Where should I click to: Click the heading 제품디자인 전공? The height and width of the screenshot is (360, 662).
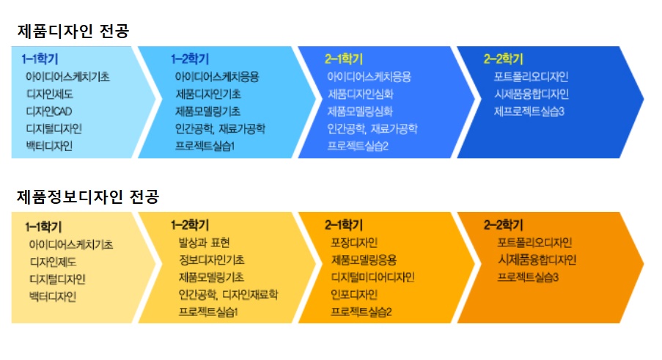pos(73,32)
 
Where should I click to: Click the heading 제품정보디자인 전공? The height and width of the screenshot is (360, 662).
pos(88,196)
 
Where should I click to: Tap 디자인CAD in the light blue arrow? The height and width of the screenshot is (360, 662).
pos(49,111)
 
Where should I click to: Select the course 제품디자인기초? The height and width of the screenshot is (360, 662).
pos(208,94)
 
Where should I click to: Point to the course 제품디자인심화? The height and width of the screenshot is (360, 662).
pos(361,94)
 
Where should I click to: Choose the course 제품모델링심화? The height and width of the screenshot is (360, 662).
pos(360,111)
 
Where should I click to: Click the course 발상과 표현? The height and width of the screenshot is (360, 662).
pos(204,243)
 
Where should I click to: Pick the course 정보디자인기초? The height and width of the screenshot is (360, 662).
pos(212,260)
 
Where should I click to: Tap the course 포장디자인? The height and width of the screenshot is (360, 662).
pos(354,243)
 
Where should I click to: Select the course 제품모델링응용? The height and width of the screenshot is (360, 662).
pos(364,260)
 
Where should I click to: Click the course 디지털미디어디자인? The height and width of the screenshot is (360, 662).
pos(373,277)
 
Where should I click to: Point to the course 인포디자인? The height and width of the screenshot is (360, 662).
pos(354,295)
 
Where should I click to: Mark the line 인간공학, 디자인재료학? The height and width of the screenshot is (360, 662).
pos(228,295)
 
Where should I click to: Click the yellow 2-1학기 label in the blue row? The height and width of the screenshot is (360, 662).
pos(344,59)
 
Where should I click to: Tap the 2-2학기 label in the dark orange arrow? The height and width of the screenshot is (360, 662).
pos(503,225)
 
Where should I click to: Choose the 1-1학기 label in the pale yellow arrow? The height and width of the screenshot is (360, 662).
pos(43,227)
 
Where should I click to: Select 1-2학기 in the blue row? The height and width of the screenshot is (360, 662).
pos(190,59)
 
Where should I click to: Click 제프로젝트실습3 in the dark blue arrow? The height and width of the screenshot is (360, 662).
pos(529,111)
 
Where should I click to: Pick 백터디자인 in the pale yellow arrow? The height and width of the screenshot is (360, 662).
pos(53,297)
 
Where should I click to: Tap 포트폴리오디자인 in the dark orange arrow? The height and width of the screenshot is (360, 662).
pos(534,243)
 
